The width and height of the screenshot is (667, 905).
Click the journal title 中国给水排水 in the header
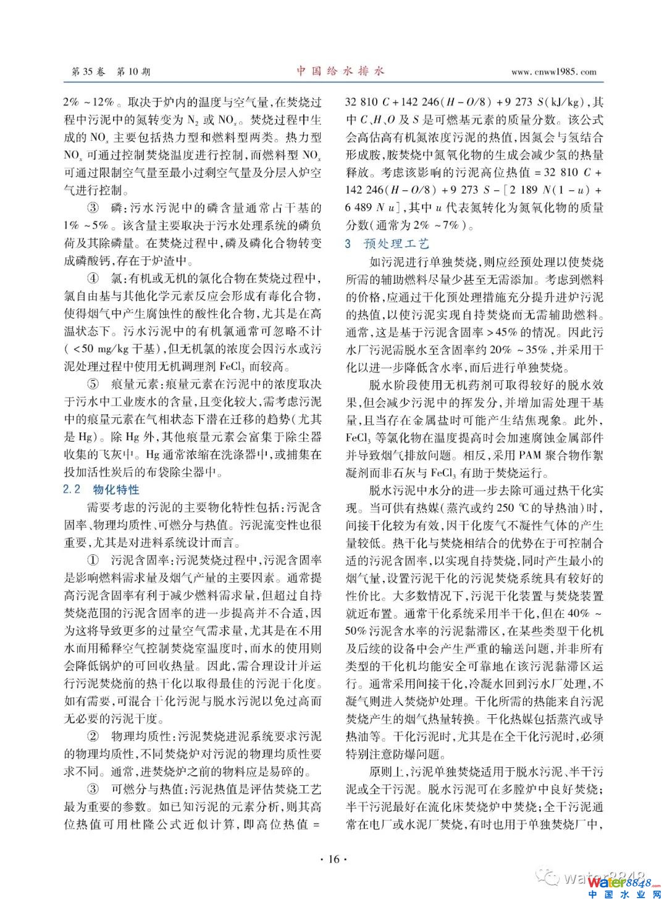tap(340, 71)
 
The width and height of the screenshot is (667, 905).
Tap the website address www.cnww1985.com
tap(554, 72)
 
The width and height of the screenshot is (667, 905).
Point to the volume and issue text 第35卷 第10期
tap(111, 72)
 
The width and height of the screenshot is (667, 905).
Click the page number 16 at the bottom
tap(334, 859)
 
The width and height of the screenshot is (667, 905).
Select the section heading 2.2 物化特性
tap(102, 490)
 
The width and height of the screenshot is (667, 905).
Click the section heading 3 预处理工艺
tap(387, 244)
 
